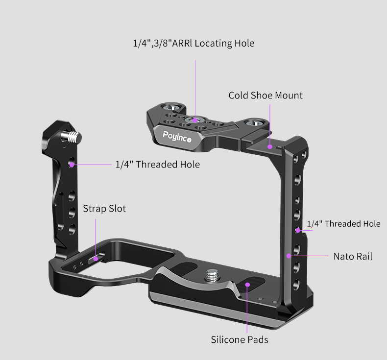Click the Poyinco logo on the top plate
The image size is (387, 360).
point(177,137)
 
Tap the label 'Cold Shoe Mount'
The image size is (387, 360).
point(266,96)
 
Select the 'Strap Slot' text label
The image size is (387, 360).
point(104,209)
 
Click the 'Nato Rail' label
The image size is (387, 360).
point(353,256)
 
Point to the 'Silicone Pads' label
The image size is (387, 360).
point(240,340)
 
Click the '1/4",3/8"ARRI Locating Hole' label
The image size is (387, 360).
point(194,43)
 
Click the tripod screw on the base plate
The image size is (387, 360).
point(213,276)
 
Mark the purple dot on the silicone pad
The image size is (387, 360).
point(247,285)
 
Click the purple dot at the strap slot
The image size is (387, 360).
point(96,259)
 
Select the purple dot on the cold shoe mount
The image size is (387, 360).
point(270,146)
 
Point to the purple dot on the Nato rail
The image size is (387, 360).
point(289,256)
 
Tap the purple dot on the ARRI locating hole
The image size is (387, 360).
point(195,120)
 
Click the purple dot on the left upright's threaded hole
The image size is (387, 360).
point(72,165)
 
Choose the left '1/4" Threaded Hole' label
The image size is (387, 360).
point(158,165)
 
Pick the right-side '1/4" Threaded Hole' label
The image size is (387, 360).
point(343,224)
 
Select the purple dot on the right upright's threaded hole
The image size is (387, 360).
point(298,231)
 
